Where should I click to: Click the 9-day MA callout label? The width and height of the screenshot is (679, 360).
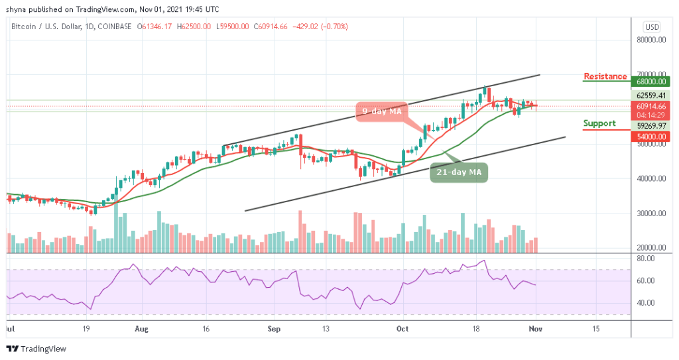point(382,111)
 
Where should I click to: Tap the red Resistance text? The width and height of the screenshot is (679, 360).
point(605,76)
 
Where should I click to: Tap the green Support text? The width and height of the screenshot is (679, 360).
point(599,123)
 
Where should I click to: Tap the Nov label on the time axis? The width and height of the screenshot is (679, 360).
point(537,328)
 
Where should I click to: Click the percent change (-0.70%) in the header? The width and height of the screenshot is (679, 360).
point(333,27)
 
